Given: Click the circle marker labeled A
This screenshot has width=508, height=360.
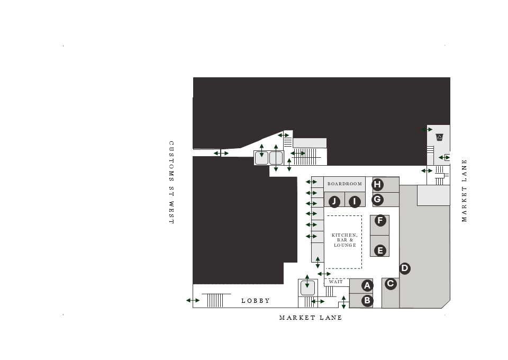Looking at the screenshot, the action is [x=368, y=286].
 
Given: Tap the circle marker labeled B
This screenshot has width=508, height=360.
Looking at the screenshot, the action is [x=368, y=301].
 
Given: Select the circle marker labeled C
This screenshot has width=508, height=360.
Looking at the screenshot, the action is [x=391, y=284].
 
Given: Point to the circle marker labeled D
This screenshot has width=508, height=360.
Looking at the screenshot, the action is [x=404, y=268].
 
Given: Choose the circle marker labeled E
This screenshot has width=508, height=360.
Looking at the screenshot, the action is [x=380, y=250].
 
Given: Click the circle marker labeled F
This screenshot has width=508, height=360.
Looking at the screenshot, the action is [x=380, y=220].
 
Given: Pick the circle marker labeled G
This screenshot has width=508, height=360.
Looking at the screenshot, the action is [x=377, y=200].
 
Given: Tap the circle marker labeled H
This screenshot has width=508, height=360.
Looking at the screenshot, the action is [x=377, y=185].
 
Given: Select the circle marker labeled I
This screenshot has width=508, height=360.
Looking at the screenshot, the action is [x=355, y=202].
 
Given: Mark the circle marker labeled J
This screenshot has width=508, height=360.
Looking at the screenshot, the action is [x=334, y=202].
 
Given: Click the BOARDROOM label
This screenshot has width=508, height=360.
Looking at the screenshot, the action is [x=344, y=184].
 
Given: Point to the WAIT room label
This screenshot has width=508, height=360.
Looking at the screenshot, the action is [x=335, y=282].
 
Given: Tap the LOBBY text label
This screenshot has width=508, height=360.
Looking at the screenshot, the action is [x=256, y=301].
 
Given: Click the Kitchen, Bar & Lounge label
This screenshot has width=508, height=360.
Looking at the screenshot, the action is [x=344, y=240].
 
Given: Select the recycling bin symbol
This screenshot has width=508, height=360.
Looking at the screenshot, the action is [x=439, y=138].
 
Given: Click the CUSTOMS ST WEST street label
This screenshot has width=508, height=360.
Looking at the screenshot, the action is [x=171, y=182].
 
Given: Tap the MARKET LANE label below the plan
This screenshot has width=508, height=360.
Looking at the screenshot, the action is [x=311, y=318].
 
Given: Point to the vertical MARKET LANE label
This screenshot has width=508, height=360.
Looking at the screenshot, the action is [x=465, y=191].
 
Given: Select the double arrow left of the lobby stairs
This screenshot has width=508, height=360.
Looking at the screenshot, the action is [x=193, y=301].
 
